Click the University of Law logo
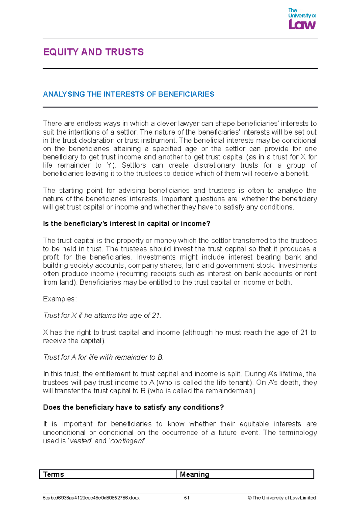pos(302,19)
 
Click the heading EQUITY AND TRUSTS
pos(93,52)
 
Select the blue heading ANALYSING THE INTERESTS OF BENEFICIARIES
pos(128,94)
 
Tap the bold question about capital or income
pos(127,224)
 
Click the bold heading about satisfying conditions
pos(133,408)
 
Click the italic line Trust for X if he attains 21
pos(102,316)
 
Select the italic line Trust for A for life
pos(103,357)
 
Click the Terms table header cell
pos(108,474)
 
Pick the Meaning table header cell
pos(245,474)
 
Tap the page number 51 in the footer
pos(187,498)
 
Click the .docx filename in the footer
pos(91,498)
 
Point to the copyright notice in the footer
pos(282,498)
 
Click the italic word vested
pos(80,441)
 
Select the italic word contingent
pos(127,441)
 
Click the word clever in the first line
pos(166,124)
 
